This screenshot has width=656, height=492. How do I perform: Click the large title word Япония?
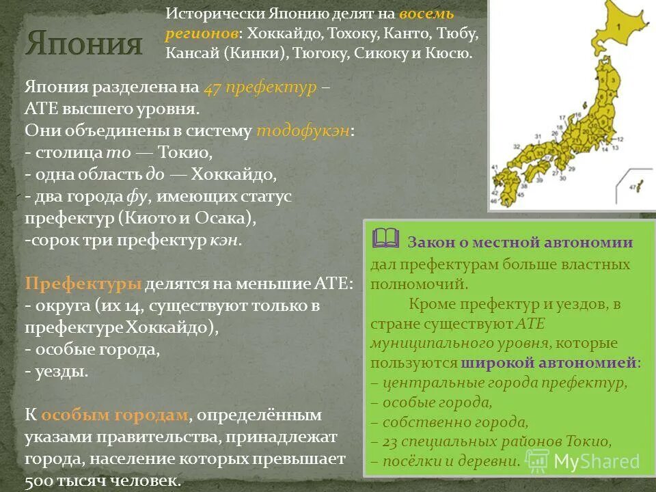coord(84,45)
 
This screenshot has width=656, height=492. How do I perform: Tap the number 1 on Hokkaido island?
coord(618,28)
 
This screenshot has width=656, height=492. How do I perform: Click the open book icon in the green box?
coord(386,238)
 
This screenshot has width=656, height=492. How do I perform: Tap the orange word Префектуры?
coord(83,284)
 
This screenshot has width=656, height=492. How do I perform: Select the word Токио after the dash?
coord(185,152)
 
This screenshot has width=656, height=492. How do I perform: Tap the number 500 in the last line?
coord(40,481)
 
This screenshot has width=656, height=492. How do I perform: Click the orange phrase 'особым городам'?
coord(114,415)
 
